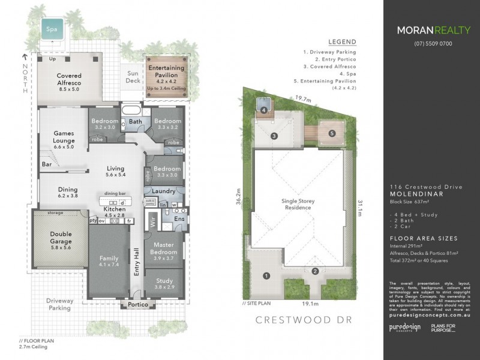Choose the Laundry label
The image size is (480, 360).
(x=164, y=191)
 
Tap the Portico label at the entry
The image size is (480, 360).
(x=137, y=304)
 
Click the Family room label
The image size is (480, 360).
(x=109, y=262)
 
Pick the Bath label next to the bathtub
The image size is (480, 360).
(x=134, y=121)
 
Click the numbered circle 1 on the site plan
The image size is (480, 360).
(x=266, y=276)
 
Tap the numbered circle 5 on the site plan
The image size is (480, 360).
(x=332, y=133)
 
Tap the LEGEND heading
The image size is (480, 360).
(x=343, y=42)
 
